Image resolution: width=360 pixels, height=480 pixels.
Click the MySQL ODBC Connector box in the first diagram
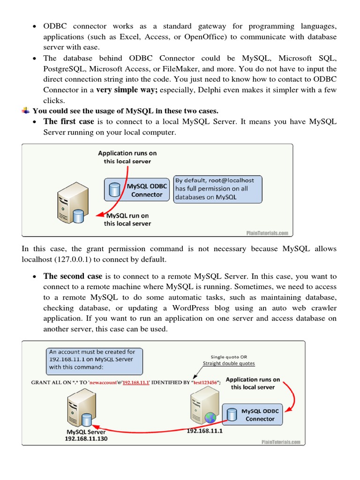[x=136, y=189]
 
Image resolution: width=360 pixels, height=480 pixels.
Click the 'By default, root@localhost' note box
[x=217, y=189]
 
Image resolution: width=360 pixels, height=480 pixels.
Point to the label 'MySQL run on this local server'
[x=127, y=219]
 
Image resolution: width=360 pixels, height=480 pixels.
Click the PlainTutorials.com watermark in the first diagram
[x=267, y=232]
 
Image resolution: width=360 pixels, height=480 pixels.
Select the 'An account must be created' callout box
[x=94, y=359]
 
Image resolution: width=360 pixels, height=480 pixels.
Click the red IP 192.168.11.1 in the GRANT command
[x=136, y=382]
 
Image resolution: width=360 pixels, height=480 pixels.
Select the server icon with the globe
[x=202, y=405]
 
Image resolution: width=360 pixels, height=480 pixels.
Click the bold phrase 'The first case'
[x=69, y=122]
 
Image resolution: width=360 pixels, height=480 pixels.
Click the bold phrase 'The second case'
[x=73, y=276]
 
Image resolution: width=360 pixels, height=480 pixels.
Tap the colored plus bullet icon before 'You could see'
[x=26, y=111]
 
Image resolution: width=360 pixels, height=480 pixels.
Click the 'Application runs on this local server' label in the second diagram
[x=253, y=383]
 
